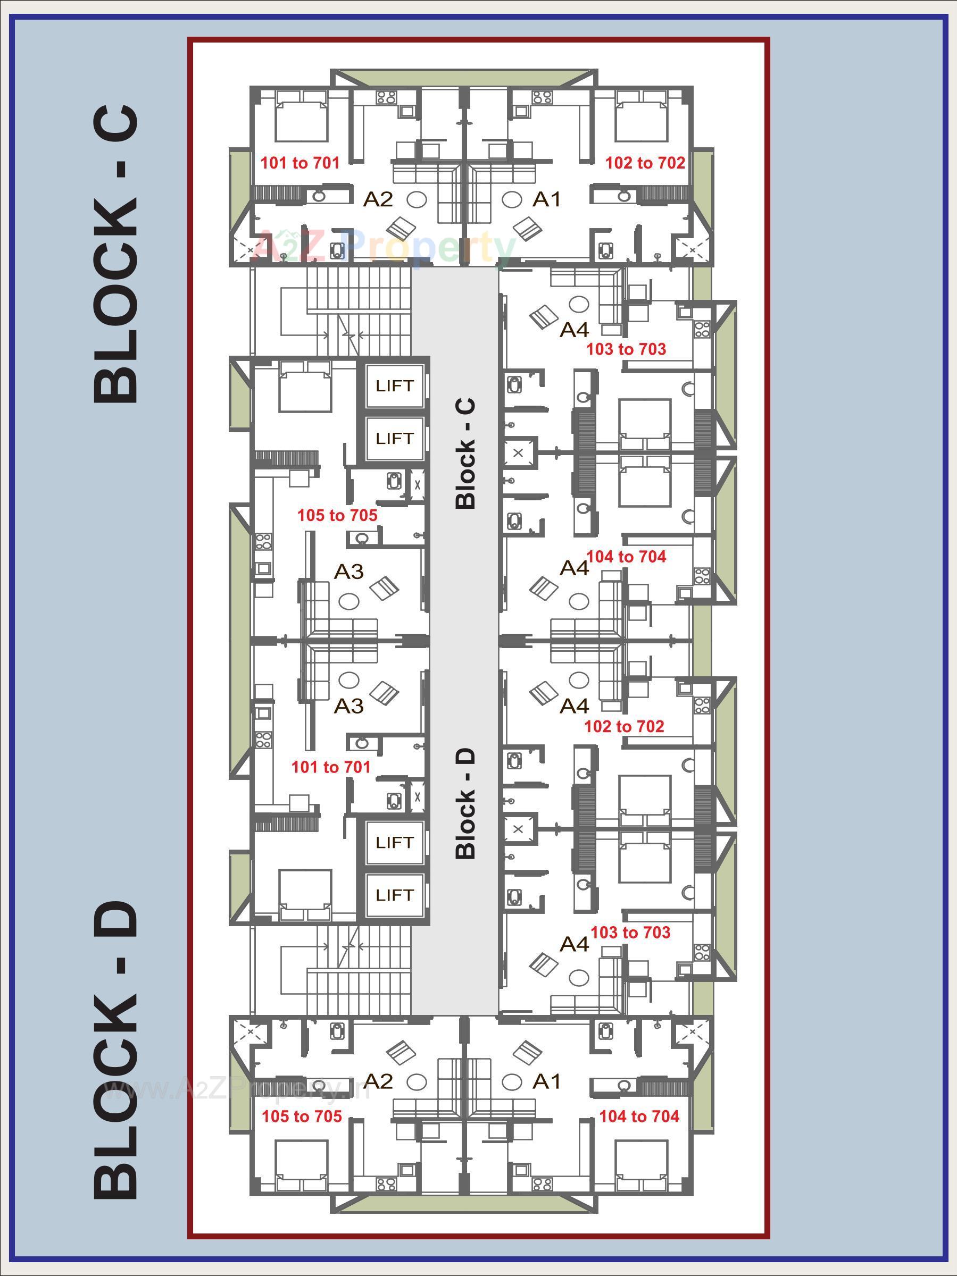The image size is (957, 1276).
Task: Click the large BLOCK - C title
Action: point(115,254)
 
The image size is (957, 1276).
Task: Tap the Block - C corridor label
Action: point(465,454)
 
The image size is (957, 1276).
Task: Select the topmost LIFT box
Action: point(395,386)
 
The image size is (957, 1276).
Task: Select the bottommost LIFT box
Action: point(395,895)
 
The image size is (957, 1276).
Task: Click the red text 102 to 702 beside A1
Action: point(645,163)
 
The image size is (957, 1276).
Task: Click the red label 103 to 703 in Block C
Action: point(626,349)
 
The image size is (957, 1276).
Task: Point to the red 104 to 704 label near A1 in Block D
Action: point(639,1116)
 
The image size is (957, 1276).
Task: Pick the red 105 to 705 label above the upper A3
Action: point(337,515)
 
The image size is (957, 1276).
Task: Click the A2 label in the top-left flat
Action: point(378,199)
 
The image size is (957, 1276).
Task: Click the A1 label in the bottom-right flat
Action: point(547,1081)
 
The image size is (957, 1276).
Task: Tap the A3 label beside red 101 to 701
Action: point(349,706)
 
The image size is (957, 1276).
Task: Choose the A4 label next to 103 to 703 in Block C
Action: point(575,330)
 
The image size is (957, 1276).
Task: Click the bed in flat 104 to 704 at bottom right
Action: point(641,1165)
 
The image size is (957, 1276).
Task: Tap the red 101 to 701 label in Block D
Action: point(331,767)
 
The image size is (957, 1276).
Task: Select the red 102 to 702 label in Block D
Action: point(624,726)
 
